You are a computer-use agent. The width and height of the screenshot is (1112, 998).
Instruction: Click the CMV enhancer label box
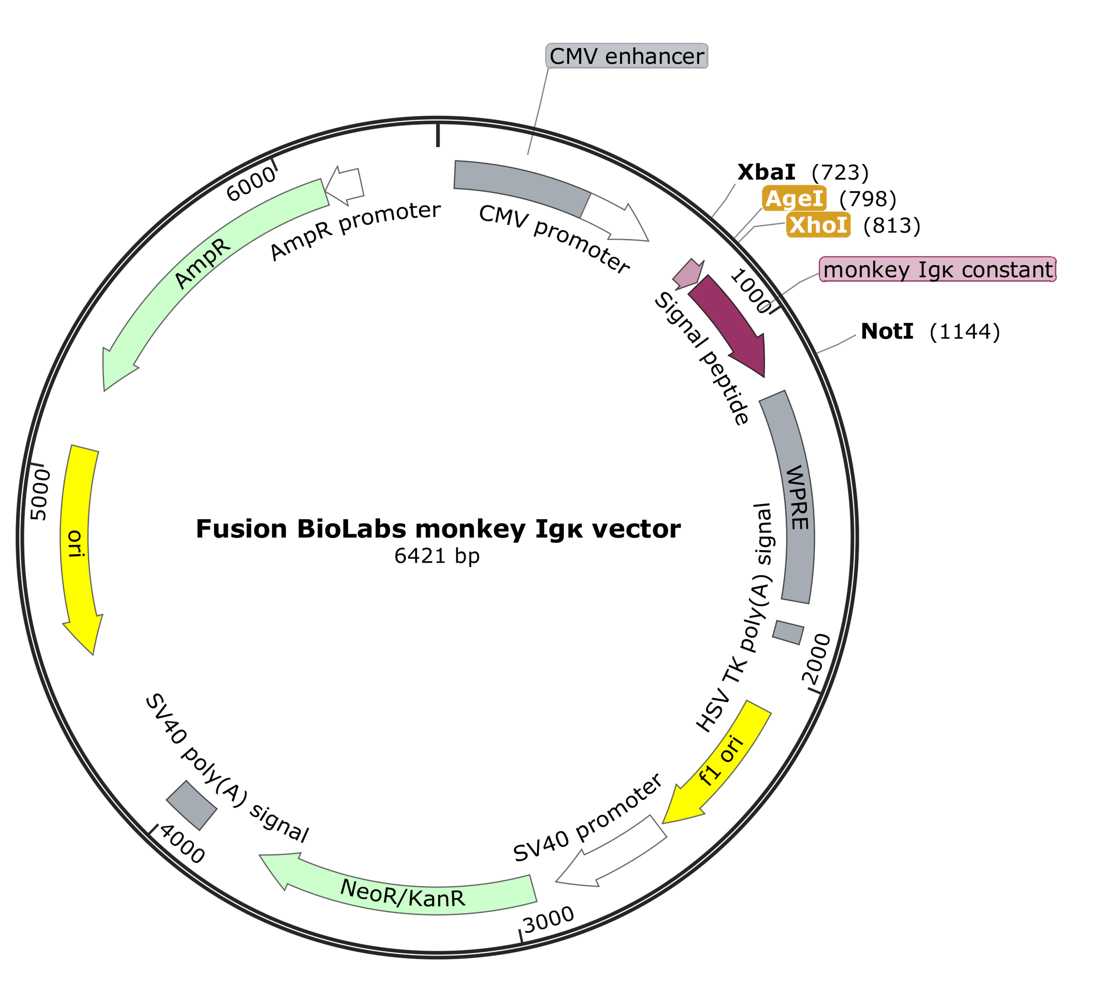point(626,56)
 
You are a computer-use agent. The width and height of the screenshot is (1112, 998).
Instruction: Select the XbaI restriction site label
point(766,172)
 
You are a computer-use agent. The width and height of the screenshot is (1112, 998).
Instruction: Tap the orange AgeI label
point(794,199)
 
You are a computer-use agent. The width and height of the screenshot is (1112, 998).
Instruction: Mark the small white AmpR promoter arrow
point(345,184)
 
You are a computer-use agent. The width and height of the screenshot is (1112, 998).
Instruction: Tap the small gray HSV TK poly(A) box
point(788,632)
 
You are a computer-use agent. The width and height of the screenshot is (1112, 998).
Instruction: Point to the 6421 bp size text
point(437,556)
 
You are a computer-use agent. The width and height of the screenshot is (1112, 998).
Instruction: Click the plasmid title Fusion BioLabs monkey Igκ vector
point(437,529)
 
